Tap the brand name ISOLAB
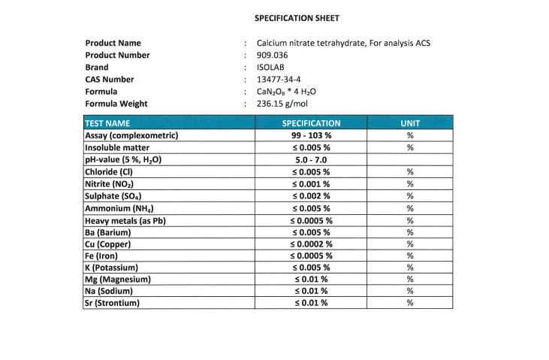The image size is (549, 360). [x=270, y=67]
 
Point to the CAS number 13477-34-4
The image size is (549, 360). [x=279, y=79]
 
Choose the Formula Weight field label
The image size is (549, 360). [x=116, y=104]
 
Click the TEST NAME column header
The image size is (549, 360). [x=108, y=123]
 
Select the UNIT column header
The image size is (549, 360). [x=410, y=123]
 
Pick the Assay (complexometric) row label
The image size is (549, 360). [x=131, y=135]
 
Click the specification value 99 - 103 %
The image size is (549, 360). [x=311, y=135]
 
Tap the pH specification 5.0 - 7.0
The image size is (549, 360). [x=311, y=159]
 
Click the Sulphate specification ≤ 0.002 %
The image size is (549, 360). [x=311, y=195]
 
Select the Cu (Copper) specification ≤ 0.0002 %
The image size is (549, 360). [x=311, y=244]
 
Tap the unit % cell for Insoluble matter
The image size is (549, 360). [x=410, y=147]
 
